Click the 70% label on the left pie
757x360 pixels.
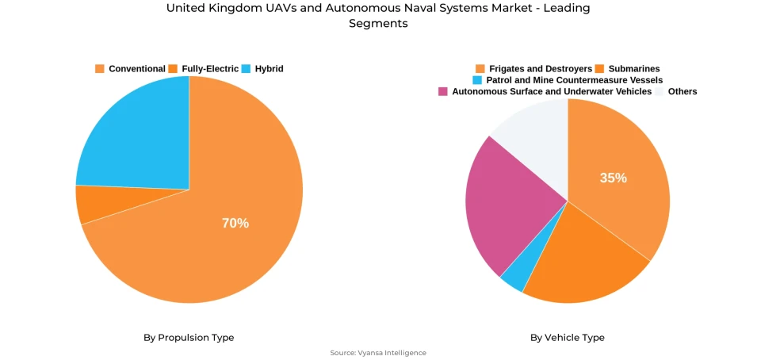click(235, 224)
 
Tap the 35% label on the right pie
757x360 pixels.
click(613, 178)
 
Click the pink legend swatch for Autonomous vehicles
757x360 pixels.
click(443, 92)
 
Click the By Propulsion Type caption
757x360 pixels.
click(189, 338)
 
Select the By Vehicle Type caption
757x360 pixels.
click(568, 338)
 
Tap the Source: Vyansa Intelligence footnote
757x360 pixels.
click(378, 353)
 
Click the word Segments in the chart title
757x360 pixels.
click(378, 24)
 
